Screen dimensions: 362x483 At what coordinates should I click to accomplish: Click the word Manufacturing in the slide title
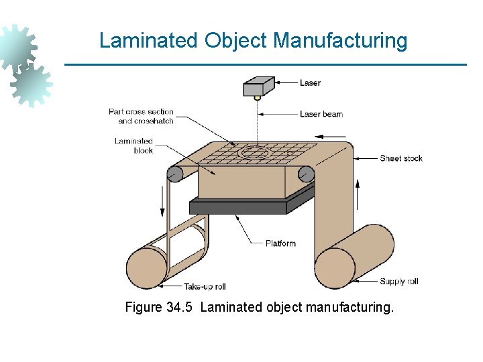340,41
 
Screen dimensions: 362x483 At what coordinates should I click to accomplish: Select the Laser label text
310,83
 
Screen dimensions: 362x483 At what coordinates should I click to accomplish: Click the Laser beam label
321,114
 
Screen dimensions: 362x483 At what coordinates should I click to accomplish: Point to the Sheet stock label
401,158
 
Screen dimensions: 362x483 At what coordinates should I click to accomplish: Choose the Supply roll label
398,282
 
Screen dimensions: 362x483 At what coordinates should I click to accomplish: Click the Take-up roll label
205,287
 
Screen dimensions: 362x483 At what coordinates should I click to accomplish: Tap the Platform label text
280,243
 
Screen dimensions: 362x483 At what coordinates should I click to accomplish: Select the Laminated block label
134,145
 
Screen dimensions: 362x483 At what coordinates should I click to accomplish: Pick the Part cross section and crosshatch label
142,116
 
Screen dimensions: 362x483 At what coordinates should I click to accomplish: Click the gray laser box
258,87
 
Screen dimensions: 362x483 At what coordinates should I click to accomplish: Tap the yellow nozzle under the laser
257,98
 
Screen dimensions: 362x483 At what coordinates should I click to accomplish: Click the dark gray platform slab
241,207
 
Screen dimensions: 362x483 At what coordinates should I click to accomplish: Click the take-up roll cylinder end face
146,267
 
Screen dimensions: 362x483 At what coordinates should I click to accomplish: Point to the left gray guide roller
174,174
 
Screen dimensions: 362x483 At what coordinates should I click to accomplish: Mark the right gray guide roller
306,174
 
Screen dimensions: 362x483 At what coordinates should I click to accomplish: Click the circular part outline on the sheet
253,153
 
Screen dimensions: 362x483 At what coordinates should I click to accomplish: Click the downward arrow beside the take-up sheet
162,200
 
